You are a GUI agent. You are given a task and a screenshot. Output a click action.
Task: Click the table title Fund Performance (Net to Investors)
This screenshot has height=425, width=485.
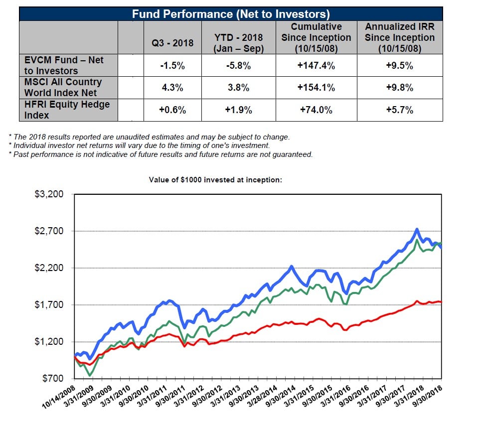(231, 14)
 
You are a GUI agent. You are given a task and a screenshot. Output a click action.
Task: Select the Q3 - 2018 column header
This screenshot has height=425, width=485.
(172, 43)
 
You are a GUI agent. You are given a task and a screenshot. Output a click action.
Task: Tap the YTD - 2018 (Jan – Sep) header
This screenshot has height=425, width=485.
(238, 43)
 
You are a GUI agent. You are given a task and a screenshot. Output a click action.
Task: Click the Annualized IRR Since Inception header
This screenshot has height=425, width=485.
(399, 37)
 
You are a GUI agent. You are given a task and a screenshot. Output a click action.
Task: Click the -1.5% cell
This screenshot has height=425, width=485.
(172, 65)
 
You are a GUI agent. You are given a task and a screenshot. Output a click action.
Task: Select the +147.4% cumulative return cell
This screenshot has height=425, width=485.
(316, 65)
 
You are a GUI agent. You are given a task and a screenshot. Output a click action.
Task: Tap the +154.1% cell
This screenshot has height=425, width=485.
(316, 88)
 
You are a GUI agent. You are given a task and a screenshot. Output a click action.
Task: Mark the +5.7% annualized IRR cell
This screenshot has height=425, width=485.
(399, 110)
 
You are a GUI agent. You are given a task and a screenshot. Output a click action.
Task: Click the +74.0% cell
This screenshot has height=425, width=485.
(316, 110)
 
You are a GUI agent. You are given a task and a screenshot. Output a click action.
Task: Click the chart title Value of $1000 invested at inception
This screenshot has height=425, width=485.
(215, 179)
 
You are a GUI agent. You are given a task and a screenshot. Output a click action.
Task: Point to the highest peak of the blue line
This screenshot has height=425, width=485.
(417, 229)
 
